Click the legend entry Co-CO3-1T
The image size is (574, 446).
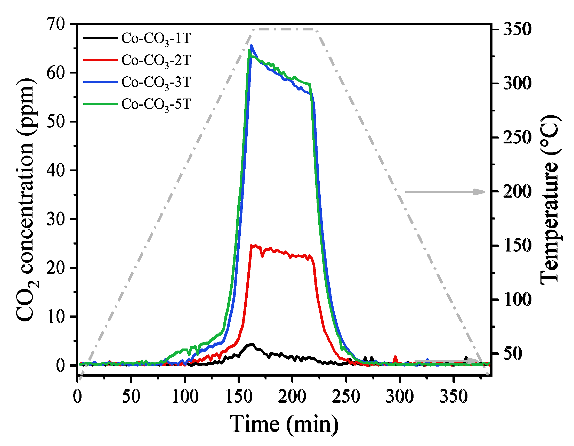click(156, 38)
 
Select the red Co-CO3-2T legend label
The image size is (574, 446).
click(156, 60)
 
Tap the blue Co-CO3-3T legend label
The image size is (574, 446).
click(156, 82)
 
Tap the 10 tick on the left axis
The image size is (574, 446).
click(55, 317)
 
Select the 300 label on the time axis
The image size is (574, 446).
click(400, 396)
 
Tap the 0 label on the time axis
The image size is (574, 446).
click(77, 396)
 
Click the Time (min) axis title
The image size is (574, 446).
click(284, 424)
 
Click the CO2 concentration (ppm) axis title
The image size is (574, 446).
click(26, 200)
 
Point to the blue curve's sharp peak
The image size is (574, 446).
click(252, 46)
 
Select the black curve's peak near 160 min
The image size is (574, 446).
click(252, 344)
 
